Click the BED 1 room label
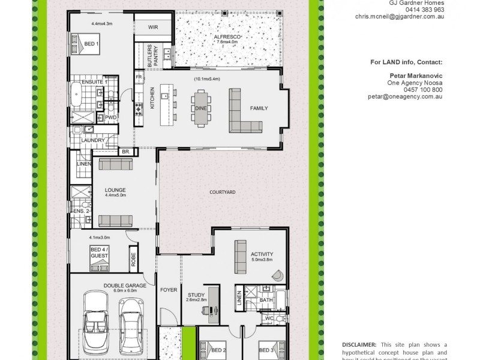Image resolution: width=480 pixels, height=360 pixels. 92,44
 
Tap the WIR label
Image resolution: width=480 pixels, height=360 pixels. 153,26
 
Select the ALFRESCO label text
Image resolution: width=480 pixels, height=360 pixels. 228,37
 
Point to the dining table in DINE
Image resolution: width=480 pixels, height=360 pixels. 200,108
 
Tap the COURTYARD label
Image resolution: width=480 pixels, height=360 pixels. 222,192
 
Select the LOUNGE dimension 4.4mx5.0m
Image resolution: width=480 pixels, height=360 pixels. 115,195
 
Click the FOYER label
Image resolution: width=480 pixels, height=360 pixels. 169,290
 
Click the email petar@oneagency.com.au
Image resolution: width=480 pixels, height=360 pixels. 406,96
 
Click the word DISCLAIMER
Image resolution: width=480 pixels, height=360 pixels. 359,344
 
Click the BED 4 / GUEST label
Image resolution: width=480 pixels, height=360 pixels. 99,252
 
